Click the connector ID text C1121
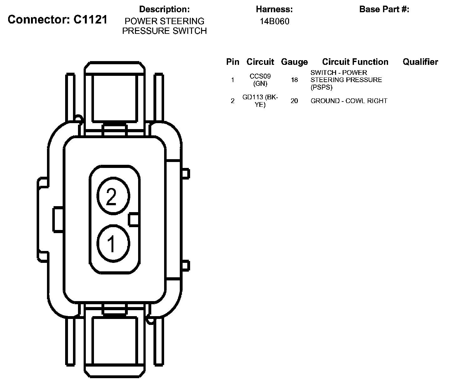click(x=90, y=19)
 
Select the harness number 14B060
click(x=274, y=21)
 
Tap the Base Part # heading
click(x=384, y=9)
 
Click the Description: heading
click(x=164, y=9)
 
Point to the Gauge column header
click(x=294, y=62)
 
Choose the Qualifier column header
click(x=420, y=62)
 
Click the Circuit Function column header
click(x=355, y=62)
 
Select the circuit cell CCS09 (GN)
click(x=260, y=80)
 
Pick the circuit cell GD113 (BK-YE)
click(x=260, y=101)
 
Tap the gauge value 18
click(x=294, y=80)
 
